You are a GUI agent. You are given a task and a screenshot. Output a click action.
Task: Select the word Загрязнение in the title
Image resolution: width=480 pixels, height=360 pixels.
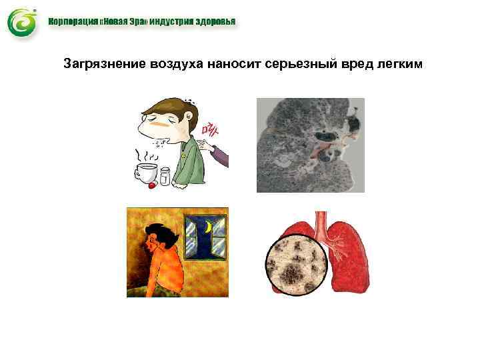point(98,65)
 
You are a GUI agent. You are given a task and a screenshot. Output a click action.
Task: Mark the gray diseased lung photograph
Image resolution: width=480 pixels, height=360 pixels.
point(311,145)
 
